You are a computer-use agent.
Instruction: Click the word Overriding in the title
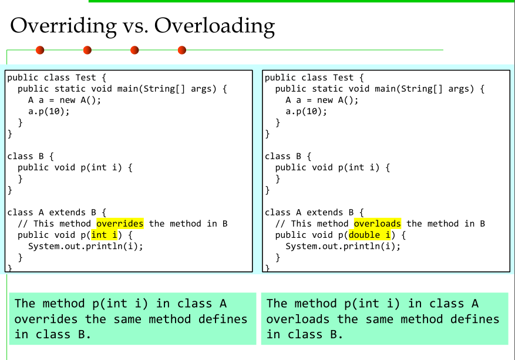[x=63, y=26]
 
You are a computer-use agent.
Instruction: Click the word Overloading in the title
[x=214, y=26]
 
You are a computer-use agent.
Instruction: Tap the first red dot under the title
[x=40, y=50]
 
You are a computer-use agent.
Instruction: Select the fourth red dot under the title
[x=182, y=50]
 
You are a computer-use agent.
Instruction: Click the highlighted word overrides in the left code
[x=120, y=224]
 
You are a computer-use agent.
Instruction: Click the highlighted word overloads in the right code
[x=378, y=224]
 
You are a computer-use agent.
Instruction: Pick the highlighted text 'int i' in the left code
[x=104, y=235]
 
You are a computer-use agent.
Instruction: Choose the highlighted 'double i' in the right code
[x=369, y=235]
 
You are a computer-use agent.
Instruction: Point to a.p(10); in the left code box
[x=49, y=112]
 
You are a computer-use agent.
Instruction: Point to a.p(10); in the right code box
[x=306, y=112]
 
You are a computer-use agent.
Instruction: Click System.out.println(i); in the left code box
[x=85, y=246]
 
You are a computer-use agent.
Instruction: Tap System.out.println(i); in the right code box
[x=343, y=246]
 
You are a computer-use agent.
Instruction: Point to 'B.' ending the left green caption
[x=85, y=334]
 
